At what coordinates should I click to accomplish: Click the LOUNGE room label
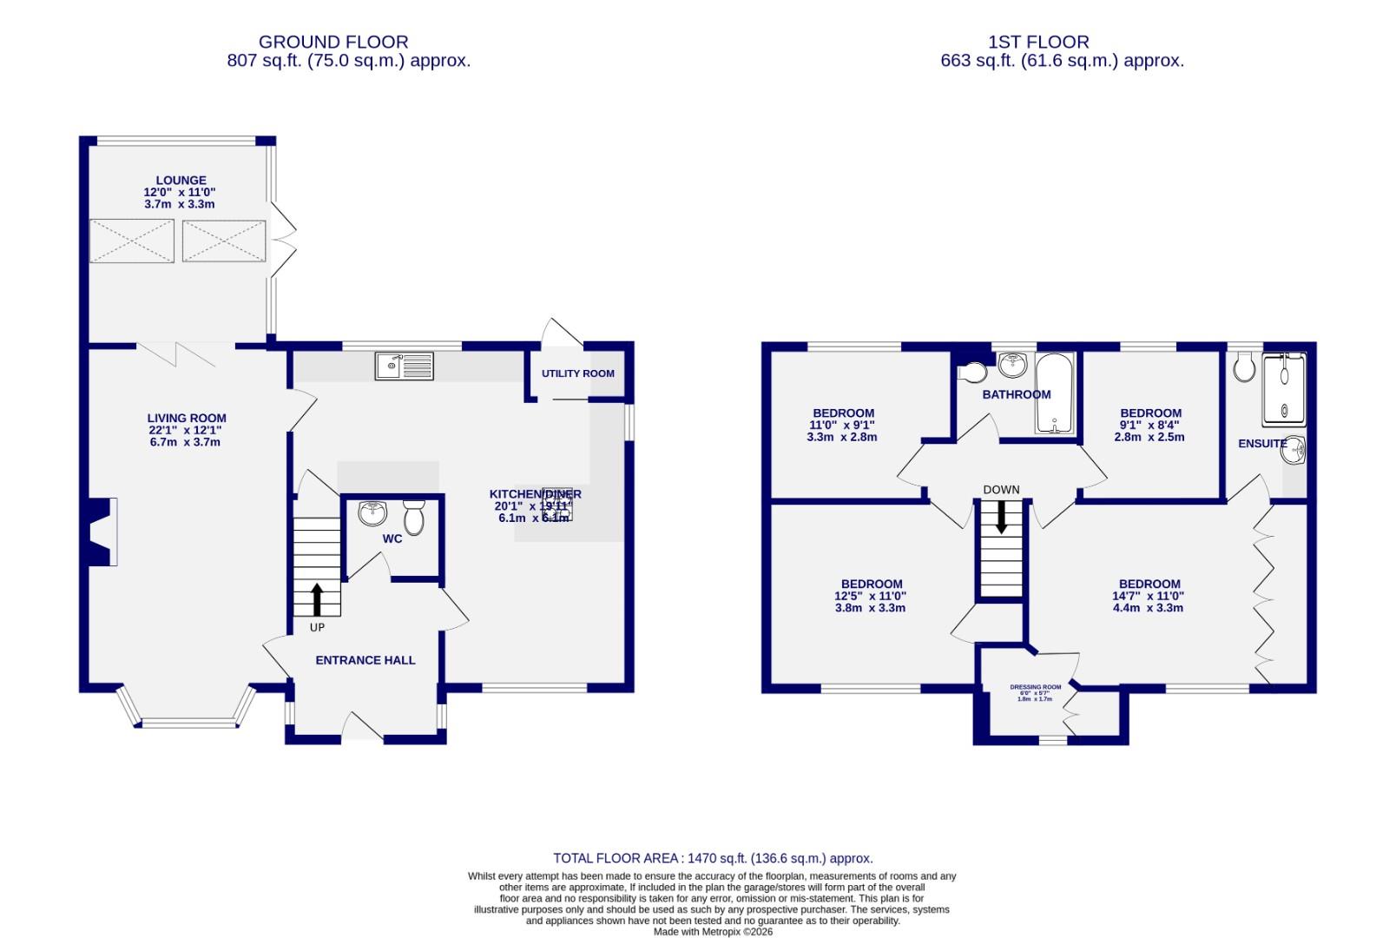click(181, 181)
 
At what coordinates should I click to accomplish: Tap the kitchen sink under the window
click(405, 366)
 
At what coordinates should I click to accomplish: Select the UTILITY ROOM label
click(577, 373)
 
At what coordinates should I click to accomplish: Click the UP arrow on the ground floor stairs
click(316, 598)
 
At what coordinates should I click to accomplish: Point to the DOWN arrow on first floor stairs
click(1001, 518)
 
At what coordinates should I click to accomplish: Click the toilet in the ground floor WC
click(413, 518)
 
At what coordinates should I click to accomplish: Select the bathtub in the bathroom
click(1055, 393)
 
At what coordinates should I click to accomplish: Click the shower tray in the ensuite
click(1283, 389)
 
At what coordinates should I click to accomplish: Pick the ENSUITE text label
click(1261, 443)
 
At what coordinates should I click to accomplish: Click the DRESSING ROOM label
click(1035, 687)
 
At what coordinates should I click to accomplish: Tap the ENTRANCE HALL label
click(365, 660)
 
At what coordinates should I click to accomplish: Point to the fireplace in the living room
click(100, 532)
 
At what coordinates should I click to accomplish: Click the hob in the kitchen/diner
click(556, 503)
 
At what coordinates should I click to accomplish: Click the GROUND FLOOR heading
click(333, 41)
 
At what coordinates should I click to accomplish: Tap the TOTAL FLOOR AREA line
click(712, 858)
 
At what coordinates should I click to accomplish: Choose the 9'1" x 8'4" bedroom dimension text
click(1149, 425)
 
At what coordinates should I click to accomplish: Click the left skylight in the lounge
click(132, 241)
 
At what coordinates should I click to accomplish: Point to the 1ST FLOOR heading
click(1038, 41)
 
